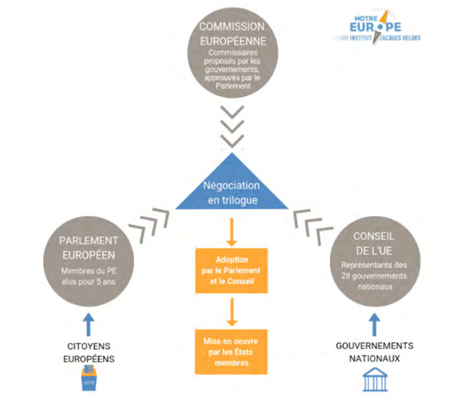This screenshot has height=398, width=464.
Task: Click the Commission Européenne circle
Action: pos(232,54)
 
